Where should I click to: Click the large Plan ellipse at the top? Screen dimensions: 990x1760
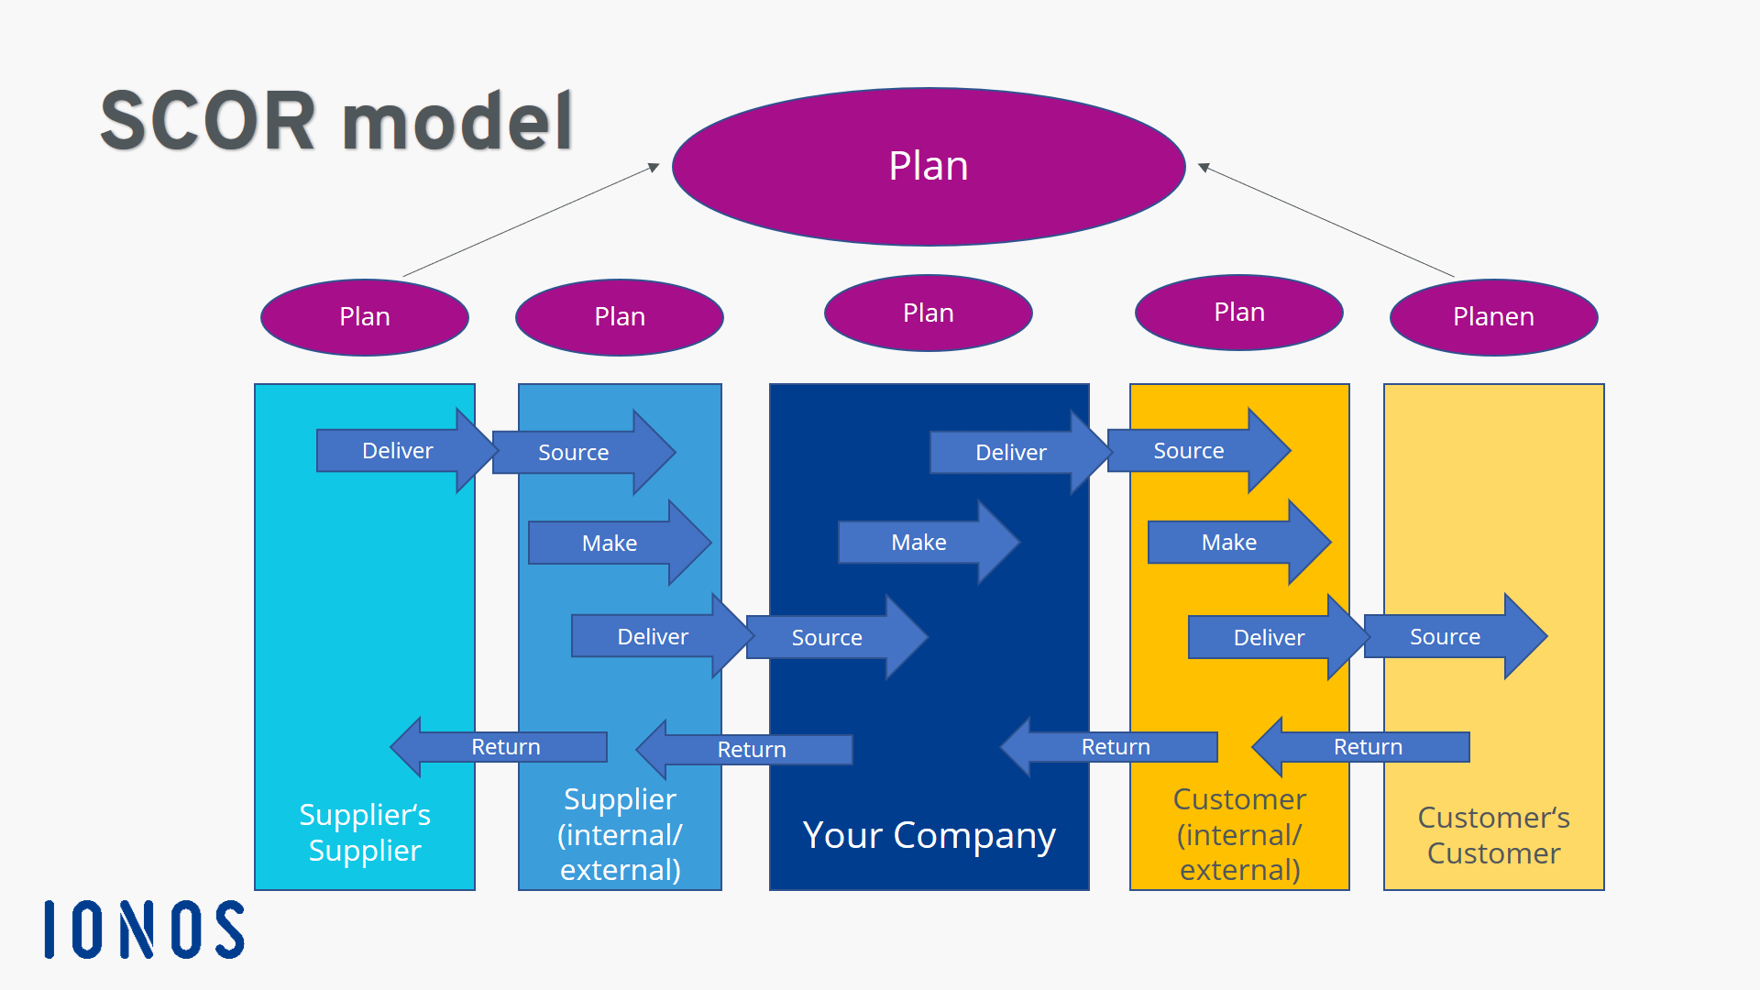coord(928,167)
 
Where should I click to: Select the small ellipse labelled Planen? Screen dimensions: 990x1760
coord(1493,317)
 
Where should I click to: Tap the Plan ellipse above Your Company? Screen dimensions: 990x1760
coord(928,313)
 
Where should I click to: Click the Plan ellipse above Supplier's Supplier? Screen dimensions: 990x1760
coord(365,317)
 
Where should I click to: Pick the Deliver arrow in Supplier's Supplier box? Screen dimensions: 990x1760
coord(399,451)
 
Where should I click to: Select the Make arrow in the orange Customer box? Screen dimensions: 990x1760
coord(1230,543)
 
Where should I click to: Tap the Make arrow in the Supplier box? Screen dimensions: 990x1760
coord(610,544)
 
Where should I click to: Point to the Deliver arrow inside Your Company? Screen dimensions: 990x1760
coord(1012,453)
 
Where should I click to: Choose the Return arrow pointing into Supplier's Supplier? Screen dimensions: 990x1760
coord(504,747)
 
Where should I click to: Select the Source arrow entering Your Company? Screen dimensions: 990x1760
coord(828,638)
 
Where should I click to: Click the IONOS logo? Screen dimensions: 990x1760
coord(145,929)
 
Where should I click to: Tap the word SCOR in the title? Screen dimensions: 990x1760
coord(207,121)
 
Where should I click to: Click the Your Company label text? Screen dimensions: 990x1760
coord(929,835)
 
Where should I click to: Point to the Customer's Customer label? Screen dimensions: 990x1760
coord(1493,835)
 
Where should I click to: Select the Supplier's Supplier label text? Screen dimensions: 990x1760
coord(365,832)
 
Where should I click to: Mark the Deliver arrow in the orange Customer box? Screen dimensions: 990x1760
coord(1270,638)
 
